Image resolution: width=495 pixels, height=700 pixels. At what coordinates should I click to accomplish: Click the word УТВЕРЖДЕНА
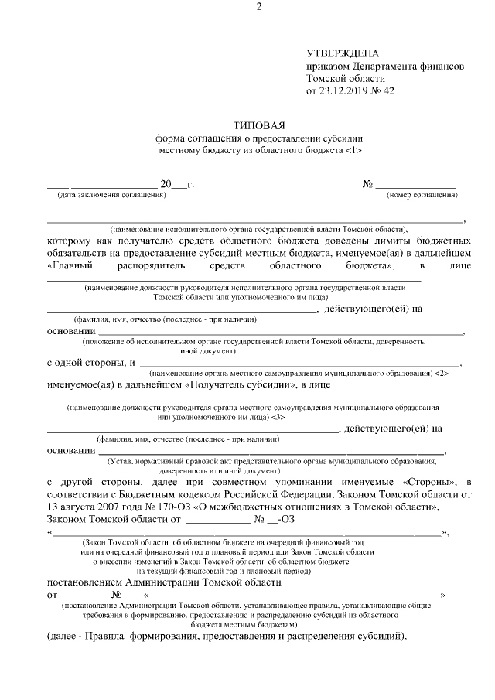(343, 53)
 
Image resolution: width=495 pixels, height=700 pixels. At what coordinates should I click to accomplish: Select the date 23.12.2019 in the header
(345, 91)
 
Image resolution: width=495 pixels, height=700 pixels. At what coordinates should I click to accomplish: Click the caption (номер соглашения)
(422, 195)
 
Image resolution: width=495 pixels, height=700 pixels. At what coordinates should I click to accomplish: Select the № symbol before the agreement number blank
(367, 184)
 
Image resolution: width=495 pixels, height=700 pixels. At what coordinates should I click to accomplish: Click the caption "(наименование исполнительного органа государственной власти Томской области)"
(258, 230)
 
